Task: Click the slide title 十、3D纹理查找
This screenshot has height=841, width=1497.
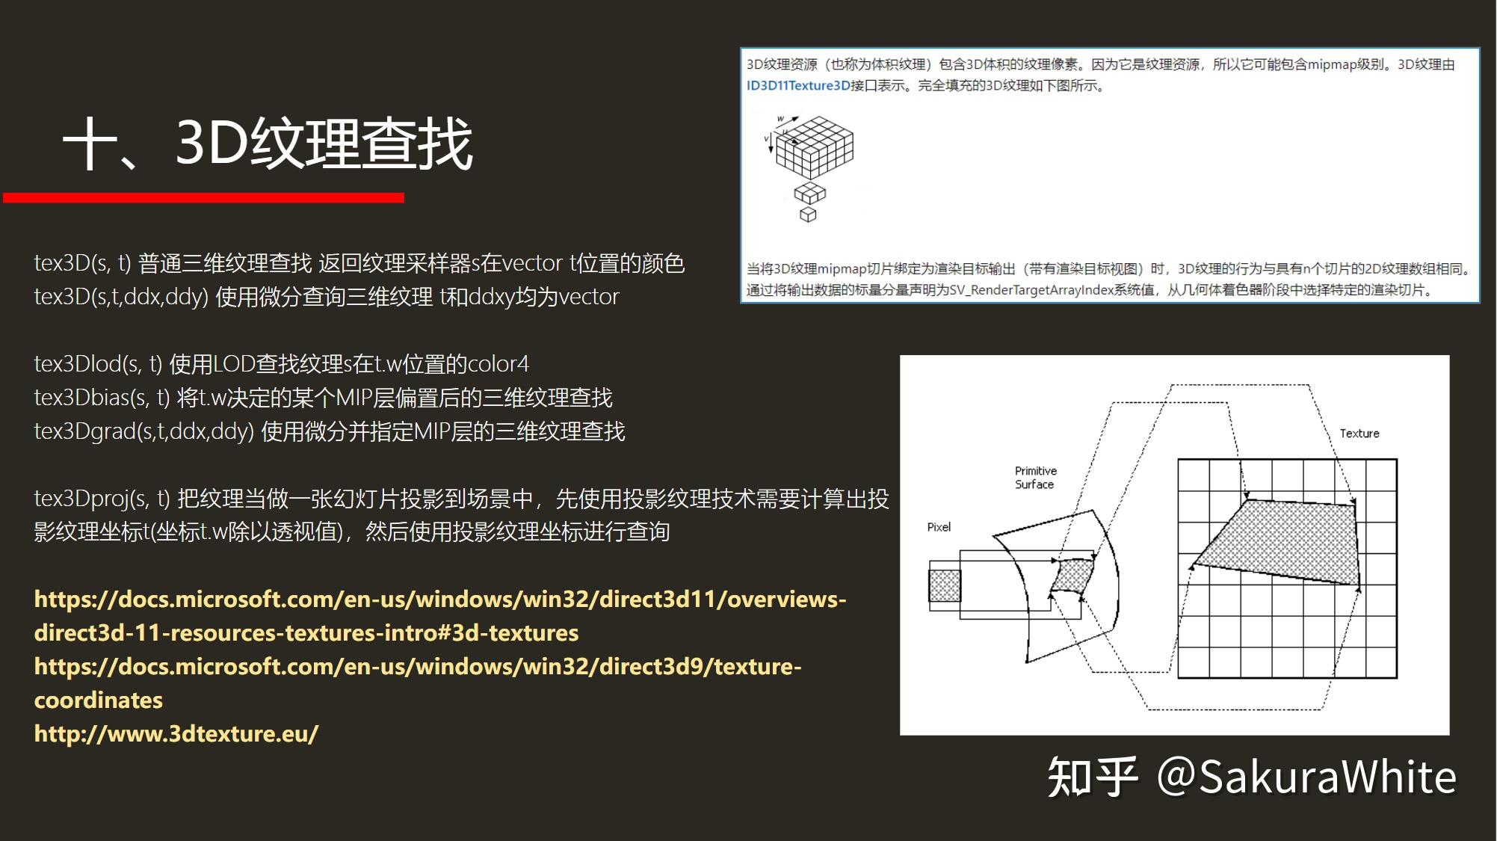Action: tap(268, 144)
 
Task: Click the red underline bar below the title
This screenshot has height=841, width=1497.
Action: tap(203, 197)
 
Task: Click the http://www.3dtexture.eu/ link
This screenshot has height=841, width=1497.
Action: tap(176, 733)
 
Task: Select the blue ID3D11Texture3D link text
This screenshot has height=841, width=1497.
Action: tap(797, 86)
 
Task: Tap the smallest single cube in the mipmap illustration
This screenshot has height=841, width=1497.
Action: tap(808, 215)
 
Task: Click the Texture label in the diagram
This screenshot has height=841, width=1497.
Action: tap(1359, 434)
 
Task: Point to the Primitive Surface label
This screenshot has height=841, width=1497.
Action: tap(1035, 478)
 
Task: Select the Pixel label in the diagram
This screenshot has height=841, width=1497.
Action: tap(939, 527)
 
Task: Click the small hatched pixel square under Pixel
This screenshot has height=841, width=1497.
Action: tap(945, 585)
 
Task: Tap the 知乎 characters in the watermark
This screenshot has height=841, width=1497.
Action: tap(1092, 777)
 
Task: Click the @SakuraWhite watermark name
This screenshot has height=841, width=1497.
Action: tap(1306, 777)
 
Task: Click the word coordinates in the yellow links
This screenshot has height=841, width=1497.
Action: tap(99, 700)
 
